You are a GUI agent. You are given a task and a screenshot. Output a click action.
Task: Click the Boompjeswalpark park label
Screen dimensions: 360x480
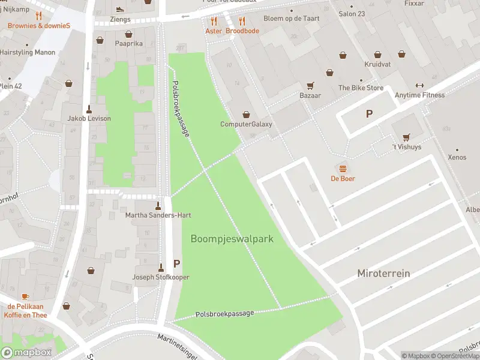[x=232, y=239]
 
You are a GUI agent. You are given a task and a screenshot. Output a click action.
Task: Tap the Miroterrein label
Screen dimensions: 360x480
[x=383, y=273]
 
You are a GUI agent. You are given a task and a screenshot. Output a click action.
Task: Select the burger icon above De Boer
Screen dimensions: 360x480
[x=343, y=168]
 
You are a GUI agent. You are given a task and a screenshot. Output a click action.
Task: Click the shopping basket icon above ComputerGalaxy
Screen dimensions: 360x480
[x=246, y=114]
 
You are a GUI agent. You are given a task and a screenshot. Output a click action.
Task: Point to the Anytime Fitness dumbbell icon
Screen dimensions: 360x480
[x=419, y=85]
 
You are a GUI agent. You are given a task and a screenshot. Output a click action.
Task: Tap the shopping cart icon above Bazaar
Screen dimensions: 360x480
[x=310, y=85]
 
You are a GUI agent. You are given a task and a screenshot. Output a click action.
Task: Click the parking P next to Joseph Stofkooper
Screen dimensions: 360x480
[x=177, y=263]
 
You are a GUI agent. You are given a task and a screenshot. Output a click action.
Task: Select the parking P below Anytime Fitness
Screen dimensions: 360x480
[x=369, y=113]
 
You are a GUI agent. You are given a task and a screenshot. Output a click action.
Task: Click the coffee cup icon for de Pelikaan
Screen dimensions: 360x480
[x=25, y=296]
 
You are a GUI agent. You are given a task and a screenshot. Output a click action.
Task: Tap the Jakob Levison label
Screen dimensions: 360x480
[x=89, y=118]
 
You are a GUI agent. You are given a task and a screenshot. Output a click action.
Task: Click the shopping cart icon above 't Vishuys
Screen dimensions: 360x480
[x=406, y=136]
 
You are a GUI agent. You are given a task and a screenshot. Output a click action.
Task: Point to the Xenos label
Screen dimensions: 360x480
[x=457, y=157]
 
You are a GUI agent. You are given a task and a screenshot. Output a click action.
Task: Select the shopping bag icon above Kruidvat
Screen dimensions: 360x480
[x=377, y=55]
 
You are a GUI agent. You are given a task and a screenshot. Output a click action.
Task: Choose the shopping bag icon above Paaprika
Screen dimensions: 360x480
[x=100, y=41]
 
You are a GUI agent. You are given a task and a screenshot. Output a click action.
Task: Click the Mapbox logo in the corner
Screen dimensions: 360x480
[x=26, y=352]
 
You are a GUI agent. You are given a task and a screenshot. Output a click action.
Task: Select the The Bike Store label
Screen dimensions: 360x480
[x=361, y=88]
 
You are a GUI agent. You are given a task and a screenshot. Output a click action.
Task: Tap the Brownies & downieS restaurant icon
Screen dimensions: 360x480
[x=39, y=16]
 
